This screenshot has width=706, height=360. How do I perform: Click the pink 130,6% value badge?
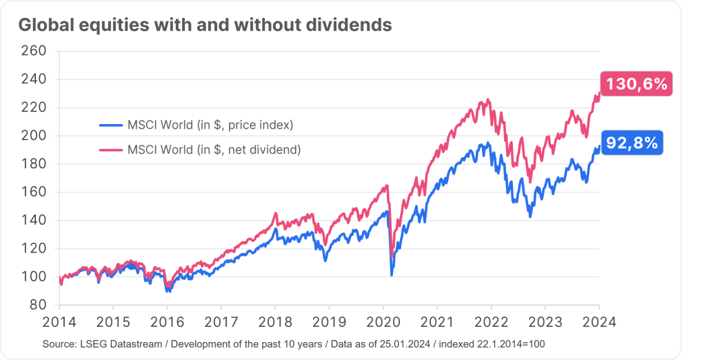pyautogui.click(x=636, y=85)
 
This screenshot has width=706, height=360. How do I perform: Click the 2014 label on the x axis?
pyautogui.click(x=59, y=321)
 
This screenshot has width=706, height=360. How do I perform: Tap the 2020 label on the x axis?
pyautogui.click(x=383, y=321)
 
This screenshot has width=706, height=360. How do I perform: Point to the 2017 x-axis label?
pyautogui.click(x=221, y=321)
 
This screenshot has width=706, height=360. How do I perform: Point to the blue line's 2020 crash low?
pyautogui.click(x=392, y=275)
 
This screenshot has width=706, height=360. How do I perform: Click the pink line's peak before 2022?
pyautogui.click(x=488, y=100)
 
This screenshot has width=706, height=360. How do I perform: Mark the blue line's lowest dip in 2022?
pyautogui.click(x=529, y=217)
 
